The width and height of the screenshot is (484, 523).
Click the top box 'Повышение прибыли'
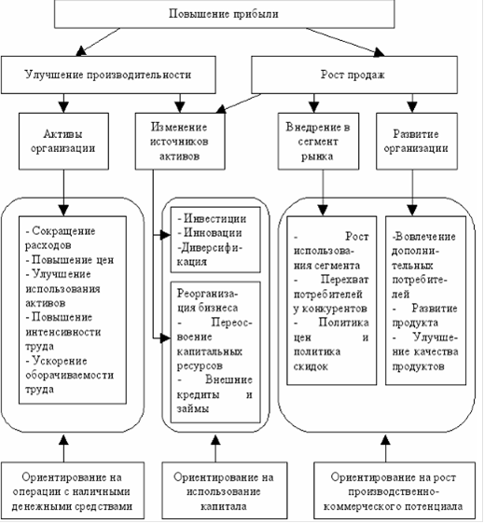[x=224, y=14]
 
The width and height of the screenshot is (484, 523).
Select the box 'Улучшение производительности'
[x=108, y=75]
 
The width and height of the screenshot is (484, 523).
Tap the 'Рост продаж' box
[x=354, y=75]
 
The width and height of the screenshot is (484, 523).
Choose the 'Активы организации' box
[x=63, y=141]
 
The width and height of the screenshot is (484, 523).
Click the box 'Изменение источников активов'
[x=180, y=141]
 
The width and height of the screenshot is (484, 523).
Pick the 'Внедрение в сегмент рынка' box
[x=319, y=141]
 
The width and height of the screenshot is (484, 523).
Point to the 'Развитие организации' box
[x=417, y=141]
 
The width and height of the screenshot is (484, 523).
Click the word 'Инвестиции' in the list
[x=215, y=219]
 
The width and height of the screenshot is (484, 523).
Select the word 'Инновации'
[x=213, y=233]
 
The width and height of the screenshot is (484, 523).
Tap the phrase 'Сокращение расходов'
[x=61, y=238]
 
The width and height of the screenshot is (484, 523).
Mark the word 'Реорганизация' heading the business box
[x=207, y=301]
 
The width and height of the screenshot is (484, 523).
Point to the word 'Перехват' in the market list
[x=344, y=280]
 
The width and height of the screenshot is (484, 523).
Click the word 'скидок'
[x=311, y=366]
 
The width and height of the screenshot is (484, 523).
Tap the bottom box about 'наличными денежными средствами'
[x=73, y=490]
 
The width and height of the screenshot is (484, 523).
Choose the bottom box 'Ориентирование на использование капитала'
[x=225, y=490]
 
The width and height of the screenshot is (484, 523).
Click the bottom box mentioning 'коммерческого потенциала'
[x=394, y=490]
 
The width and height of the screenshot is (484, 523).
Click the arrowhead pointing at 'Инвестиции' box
[x=165, y=235]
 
